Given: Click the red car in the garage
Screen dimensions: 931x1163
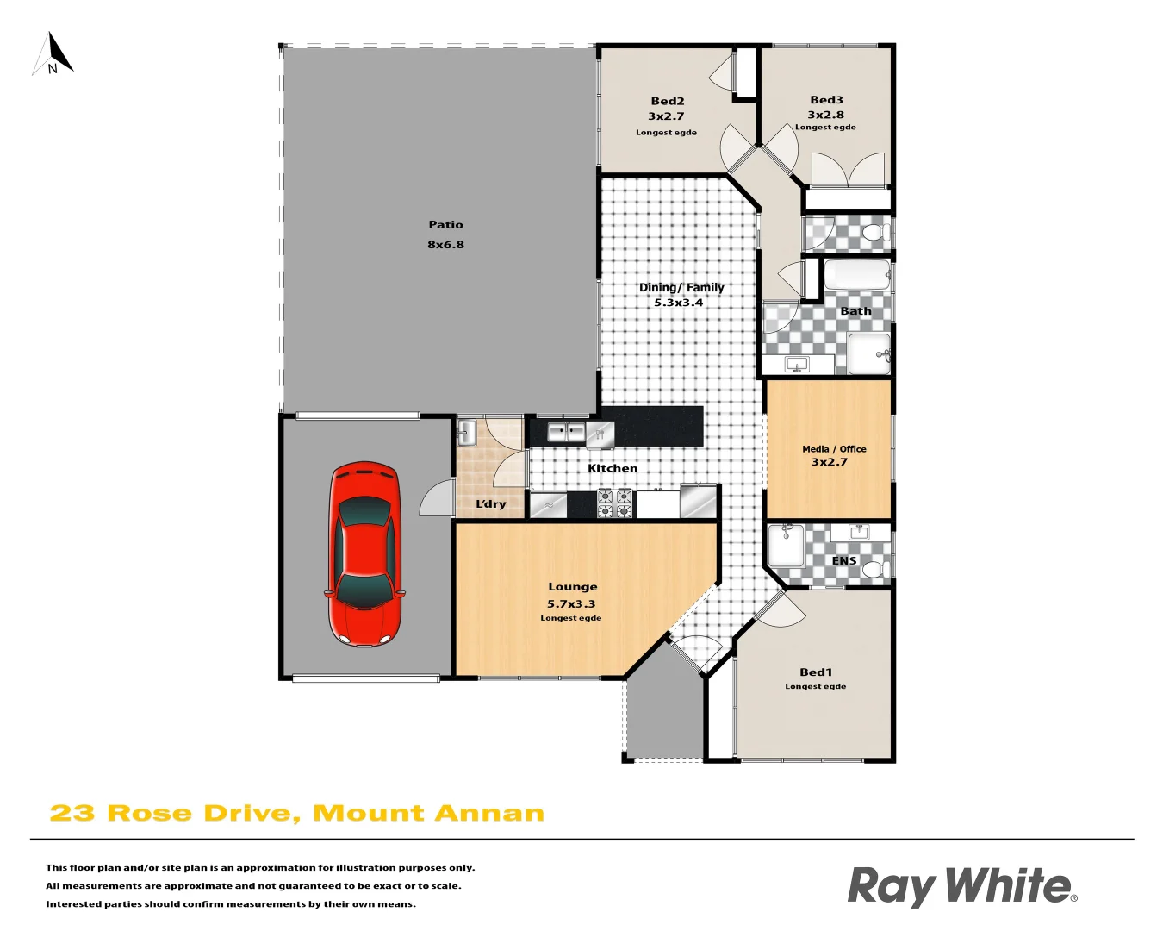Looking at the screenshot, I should click(x=364, y=553).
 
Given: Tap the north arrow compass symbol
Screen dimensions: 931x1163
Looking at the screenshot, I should click(x=53, y=55).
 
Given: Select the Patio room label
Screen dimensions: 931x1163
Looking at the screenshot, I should click(x=445, y=225).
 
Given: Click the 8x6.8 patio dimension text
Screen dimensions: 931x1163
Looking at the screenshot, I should click(x=445, y=245).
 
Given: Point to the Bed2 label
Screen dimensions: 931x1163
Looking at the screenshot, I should click(x=668, y=101).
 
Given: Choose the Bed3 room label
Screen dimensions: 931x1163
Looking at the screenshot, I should click(x=826, y=100).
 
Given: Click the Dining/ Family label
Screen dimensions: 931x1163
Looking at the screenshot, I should click(x=681, y=288).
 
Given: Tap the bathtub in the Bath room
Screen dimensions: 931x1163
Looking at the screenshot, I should click(x=856, y=275).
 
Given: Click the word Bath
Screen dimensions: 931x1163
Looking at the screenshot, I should click(x=855, y=311).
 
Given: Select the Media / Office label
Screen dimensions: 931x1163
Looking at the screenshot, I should click(x=834, y=449).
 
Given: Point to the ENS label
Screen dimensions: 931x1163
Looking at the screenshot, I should click(x=844, y=560).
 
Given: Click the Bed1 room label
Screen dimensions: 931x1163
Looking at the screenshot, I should click(x=816, y=672).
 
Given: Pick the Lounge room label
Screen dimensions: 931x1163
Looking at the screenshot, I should click(x=572, y=587).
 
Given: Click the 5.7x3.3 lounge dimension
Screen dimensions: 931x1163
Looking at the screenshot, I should click(x=571, y=604).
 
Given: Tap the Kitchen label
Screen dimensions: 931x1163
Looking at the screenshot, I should click(x=613, y=468).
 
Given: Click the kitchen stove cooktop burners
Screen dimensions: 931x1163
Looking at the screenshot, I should click(x=615, y=503).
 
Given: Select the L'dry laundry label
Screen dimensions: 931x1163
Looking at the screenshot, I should click(x=491, y=504).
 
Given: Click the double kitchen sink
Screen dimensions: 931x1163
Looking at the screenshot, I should click(x=566, y=432).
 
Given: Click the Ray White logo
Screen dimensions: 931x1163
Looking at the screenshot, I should click(x=961, y=886).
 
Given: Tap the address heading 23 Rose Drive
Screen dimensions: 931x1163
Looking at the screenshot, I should click(x=296, y=813).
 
